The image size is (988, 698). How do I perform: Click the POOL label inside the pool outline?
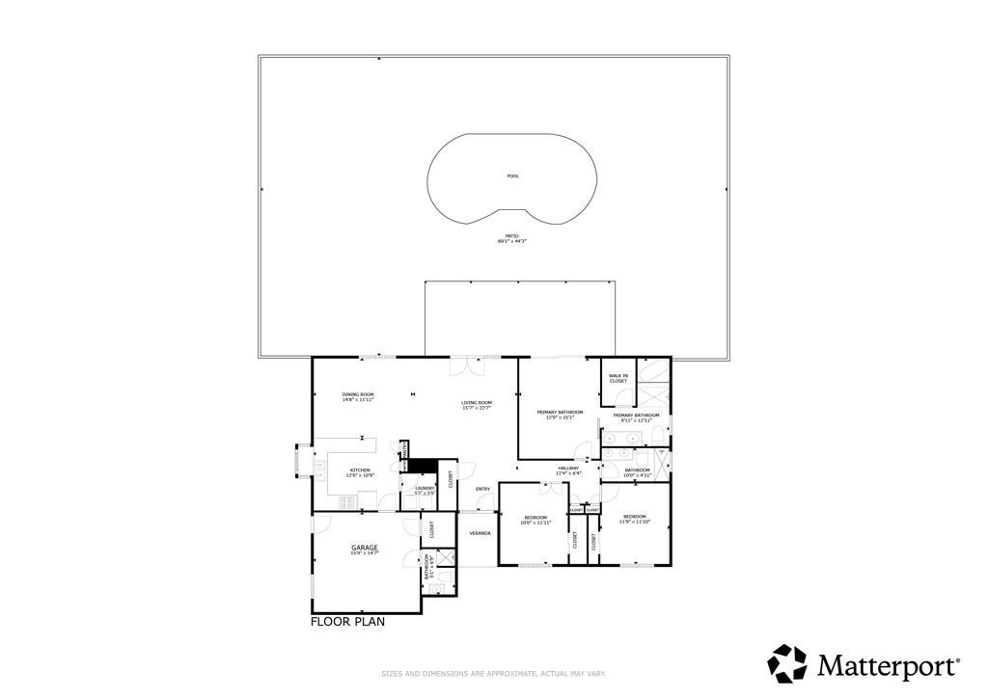(x=512, y=175)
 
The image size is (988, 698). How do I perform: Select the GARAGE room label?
(x=364, y=550)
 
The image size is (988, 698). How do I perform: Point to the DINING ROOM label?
(x=358, y=396)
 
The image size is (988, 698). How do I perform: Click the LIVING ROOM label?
(x=477, y=405)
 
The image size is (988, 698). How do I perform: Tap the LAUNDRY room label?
(x=425, y=489)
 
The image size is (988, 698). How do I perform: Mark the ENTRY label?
(x=482, y=489)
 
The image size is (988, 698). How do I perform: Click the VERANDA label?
(x=480, y=532)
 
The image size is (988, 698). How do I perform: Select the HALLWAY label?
(x=567, y=470)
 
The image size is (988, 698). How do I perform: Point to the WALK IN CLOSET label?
(x=618, y=378)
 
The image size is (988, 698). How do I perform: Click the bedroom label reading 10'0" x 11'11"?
(x=535, y=520)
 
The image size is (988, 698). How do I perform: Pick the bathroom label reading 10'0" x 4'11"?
(x=637, y=472)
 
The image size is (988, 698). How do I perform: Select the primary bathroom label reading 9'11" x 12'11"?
(x=636, y=417)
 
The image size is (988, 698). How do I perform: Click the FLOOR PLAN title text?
(x=347, y=622)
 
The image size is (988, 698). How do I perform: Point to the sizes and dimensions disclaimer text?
(x=493, y=674)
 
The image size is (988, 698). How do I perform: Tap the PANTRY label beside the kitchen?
(x=405, y=449)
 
